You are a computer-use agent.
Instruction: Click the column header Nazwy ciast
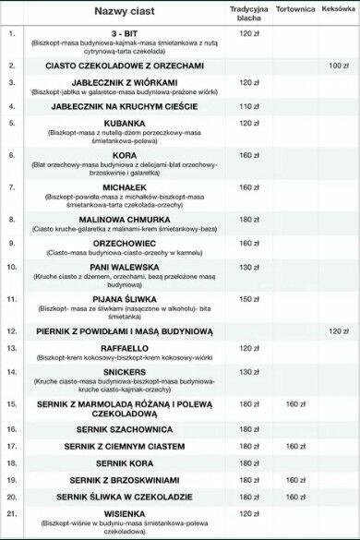(125, 12)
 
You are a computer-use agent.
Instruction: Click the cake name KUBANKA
(125, 123)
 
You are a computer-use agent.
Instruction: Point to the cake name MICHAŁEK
(125, 186)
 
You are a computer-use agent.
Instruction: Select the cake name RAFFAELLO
(125, 348)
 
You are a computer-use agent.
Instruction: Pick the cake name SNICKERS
(125, 372)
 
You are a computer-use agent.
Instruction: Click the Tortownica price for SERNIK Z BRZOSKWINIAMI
(295, 480)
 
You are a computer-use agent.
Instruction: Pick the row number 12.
(12, 330)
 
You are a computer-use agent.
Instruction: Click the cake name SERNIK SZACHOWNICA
(125, 429)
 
